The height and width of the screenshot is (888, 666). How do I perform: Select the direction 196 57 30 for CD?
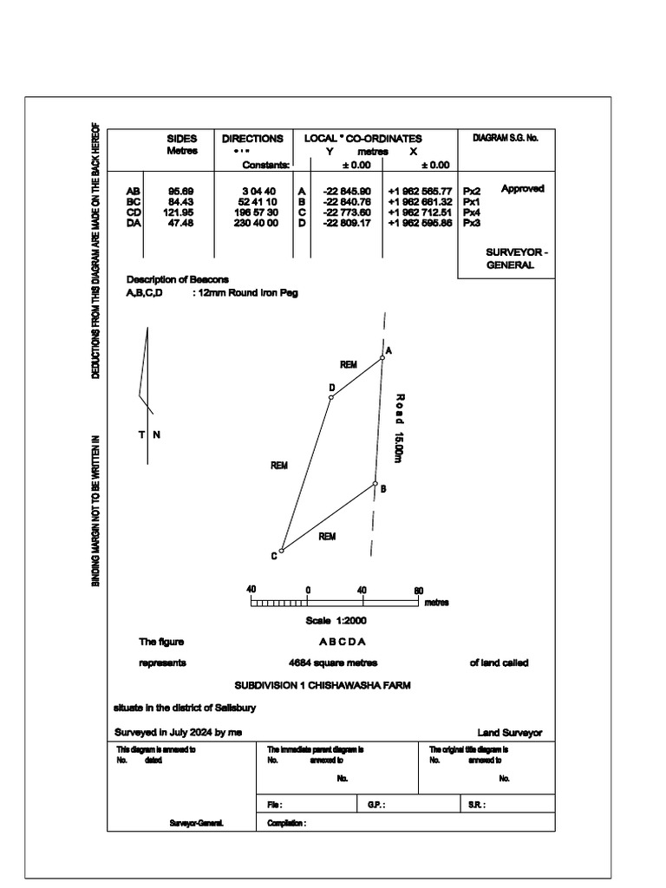(258, 212)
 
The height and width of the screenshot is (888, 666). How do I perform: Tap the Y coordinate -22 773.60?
(346, 212)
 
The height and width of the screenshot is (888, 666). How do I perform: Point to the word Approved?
(522, 189)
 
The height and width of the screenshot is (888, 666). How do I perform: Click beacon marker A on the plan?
(382, 357)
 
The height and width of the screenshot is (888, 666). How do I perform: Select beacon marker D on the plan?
(331, 398)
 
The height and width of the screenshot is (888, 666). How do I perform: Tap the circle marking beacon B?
(375, 484)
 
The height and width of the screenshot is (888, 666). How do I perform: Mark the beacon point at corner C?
(281, 551)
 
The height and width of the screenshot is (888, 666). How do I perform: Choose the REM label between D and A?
(349, 365)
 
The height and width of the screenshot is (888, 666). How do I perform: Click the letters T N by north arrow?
(147, 434)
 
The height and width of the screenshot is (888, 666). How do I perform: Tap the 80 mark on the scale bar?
(418, 591)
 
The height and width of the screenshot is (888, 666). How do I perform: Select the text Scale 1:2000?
(336, 621)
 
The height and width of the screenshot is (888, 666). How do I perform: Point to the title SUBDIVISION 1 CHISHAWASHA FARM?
(323, 685)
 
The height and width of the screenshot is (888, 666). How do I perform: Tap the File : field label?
(275, 805)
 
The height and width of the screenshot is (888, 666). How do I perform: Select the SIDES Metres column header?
(182, 144)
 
